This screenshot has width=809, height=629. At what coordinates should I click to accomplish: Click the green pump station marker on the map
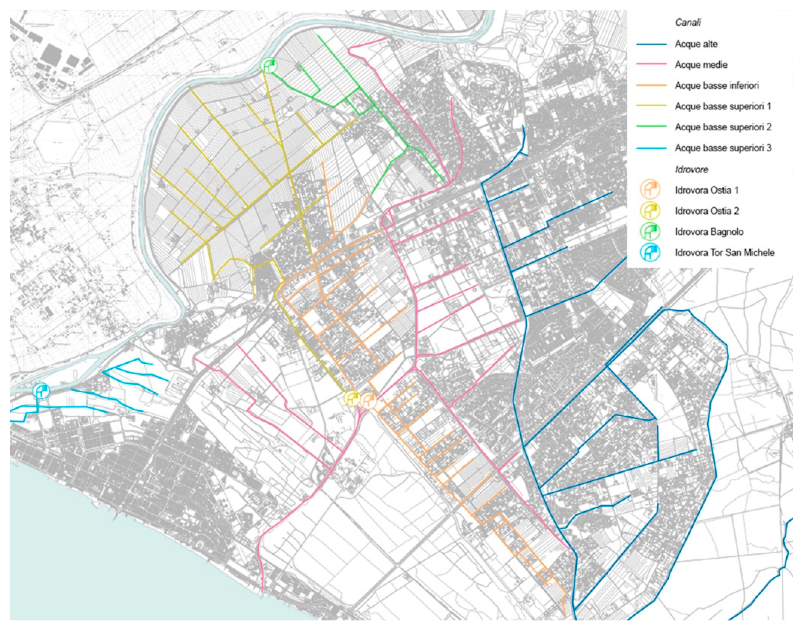pos(268,65)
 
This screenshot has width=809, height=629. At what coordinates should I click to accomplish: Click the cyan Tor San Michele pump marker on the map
pos(41,391)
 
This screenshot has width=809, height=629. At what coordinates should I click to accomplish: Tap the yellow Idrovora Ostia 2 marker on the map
pos(352,398)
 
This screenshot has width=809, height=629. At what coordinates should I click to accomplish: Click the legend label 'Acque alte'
pos(696,44)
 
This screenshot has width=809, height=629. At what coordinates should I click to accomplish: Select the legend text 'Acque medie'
pos(701,65)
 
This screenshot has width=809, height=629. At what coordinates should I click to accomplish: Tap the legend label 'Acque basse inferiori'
pos(717,86)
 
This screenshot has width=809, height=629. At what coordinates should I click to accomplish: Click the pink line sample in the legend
pos(652,65)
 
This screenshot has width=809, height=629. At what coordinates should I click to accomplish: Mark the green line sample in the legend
pos(652,127)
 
